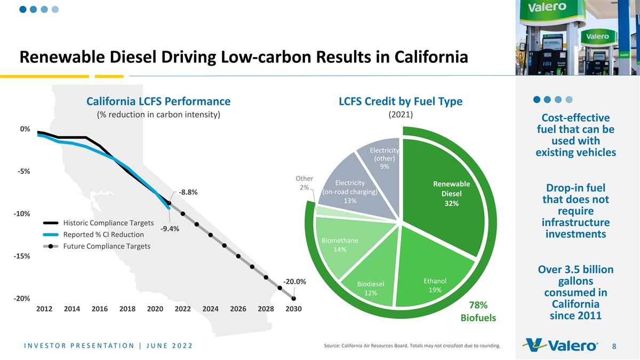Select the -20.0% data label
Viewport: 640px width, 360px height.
pyautogui.click(x=294, y=282)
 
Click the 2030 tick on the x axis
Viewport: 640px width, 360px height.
pyautogui.click(x=293, y=309)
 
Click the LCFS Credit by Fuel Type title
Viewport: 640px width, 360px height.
pyautogui.click(x=401, y=101)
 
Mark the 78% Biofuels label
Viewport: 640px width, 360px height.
pyautogui.click(x=478, y=311)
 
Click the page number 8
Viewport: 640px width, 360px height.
pyautogui.click(x=614, y=347)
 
